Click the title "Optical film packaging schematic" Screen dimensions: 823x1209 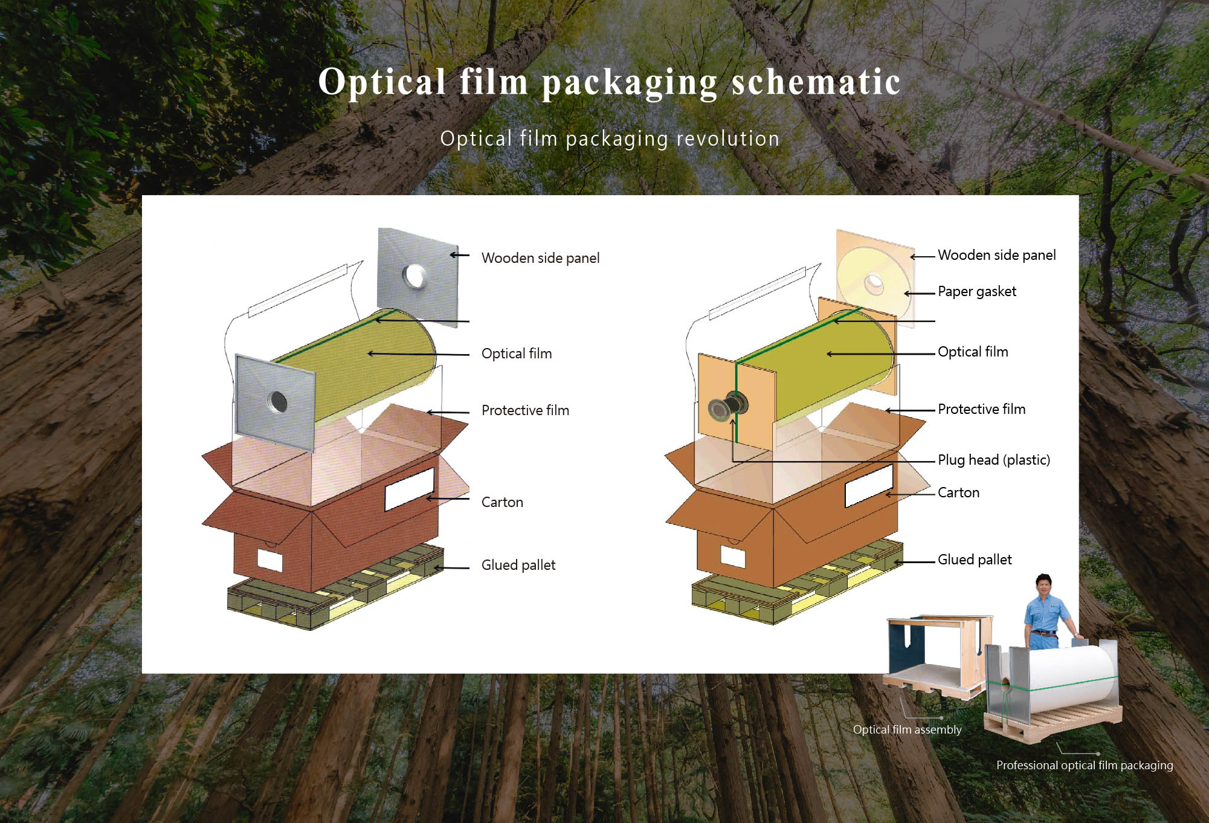click(x=609, y=82)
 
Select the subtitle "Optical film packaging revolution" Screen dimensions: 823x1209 click(x=609, y=139)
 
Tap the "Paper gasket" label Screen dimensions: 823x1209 click(x=976, y=291)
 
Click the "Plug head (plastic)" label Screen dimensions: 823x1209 click(x=993, y=460)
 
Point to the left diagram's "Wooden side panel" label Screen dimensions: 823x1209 click(x=540, y=258)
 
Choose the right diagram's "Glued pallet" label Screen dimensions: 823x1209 click(x=974, y=560)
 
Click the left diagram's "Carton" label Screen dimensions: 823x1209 click(x=501, y=502)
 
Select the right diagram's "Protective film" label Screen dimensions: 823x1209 click(x=981, y=409)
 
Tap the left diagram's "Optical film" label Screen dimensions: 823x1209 click(x=516, y=353)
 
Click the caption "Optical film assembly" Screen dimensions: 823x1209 click(x=906, y=729)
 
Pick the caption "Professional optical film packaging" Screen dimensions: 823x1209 click(x=1084, y=765)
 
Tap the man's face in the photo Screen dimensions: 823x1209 click(x=1043, y=586)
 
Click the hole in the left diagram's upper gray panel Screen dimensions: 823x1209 click(x=414, y=276)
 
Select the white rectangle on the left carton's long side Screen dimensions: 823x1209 click(x=409, y=488)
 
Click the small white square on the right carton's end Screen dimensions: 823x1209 click(x=733, y=556)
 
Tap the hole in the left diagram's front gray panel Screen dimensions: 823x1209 click(x=277, y=401)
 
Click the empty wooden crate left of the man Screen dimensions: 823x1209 click(x=933, y=656)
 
